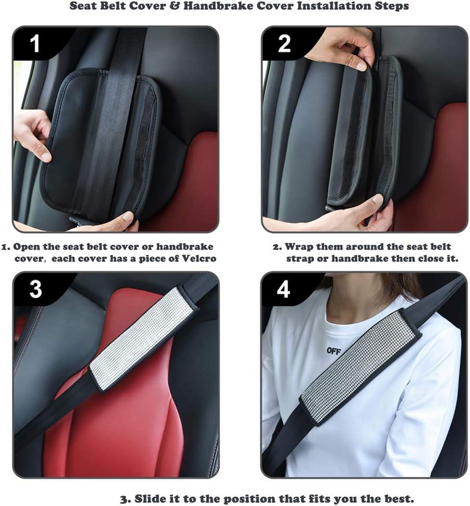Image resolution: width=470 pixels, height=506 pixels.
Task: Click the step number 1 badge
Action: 35,43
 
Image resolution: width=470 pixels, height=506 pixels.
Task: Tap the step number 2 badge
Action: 284,43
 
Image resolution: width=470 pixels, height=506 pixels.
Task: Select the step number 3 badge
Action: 35,288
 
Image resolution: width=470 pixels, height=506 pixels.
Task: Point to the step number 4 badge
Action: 283,288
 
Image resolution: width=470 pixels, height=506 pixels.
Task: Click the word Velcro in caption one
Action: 199,259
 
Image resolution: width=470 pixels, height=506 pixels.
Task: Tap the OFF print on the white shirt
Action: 334,351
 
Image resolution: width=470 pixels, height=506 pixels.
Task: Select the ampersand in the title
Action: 174,6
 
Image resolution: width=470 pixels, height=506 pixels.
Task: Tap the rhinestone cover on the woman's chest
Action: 361,368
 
